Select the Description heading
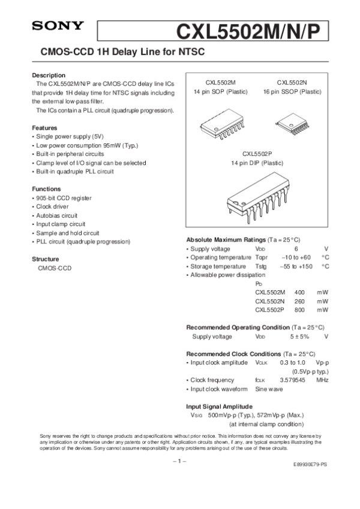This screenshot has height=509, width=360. click(x=49, y=75)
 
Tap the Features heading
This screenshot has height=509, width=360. click(x=44, y=128)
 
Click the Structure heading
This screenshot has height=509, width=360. click(x=46, y=259)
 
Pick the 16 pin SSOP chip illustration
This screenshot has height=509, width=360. click(x=292, y=124)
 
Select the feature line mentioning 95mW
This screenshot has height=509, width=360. click(x=87, y=146)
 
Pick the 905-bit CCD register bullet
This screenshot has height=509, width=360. click(x=64, y=198)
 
